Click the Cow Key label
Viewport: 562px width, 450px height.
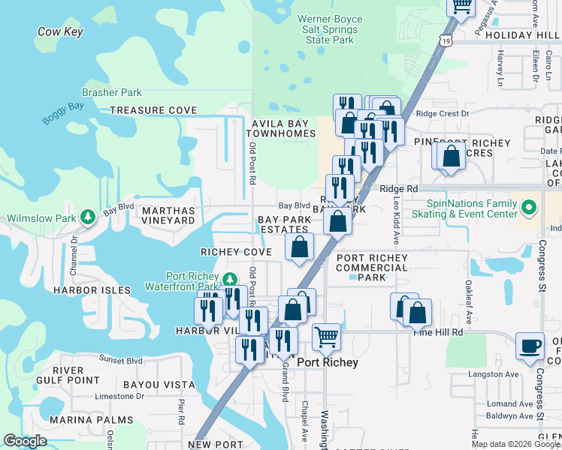click(60, 32)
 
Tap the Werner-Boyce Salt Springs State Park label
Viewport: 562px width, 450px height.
click(330, 29)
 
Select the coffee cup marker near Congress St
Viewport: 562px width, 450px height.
click(530, 346)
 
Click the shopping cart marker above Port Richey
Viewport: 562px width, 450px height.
click(325, 336)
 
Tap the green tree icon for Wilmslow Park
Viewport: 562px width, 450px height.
click(88, 217)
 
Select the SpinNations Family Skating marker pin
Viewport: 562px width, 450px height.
click(528, 206)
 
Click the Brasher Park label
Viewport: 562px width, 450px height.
click(112, 93)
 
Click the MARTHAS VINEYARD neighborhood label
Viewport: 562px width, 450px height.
click(169, 215)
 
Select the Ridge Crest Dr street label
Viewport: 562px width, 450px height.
click(442, 114)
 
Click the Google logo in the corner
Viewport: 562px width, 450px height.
click(25, 441)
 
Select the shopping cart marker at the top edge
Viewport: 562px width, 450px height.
click(461, 7)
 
